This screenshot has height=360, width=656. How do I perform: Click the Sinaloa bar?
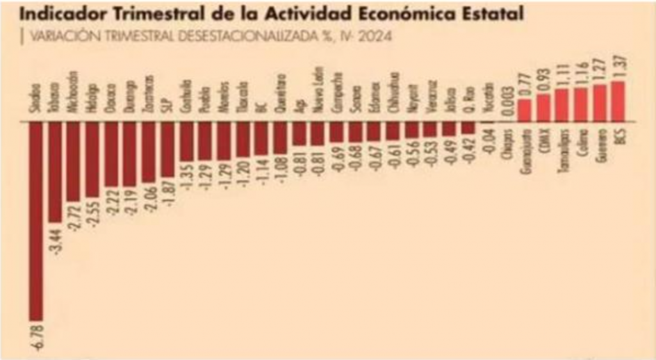click(x=35, y=220)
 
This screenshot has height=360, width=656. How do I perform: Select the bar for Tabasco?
click(x=54, y=172)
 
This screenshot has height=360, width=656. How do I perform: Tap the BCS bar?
click(x=618, y=101)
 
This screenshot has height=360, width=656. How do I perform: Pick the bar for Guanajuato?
click(x=524, y=110)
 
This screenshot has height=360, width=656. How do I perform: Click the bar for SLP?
click(x=167, y=149)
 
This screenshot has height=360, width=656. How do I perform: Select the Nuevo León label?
click(x=318, y=92)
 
